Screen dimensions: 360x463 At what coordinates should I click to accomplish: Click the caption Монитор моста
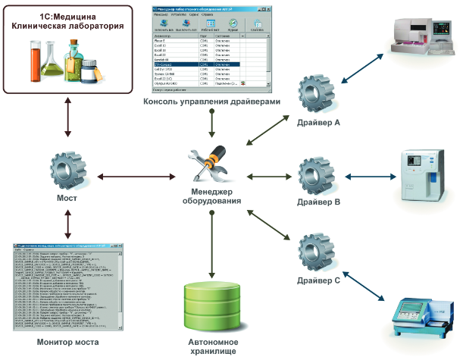66,343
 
